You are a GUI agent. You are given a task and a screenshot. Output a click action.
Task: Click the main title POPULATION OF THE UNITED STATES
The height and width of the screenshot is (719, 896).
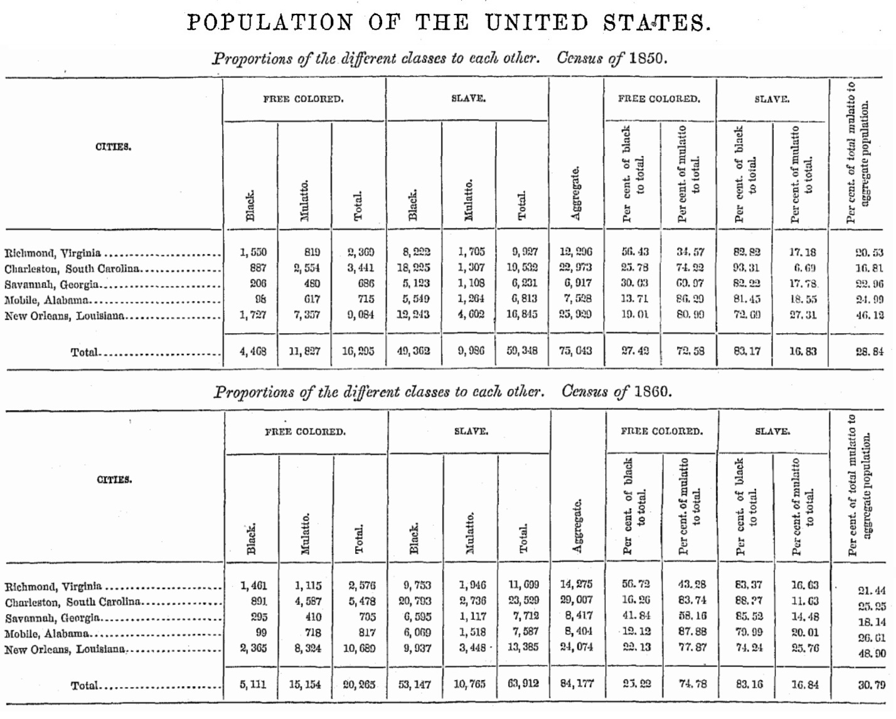point(449,23)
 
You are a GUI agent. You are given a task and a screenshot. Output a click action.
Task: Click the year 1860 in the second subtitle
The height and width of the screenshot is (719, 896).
point(652,392)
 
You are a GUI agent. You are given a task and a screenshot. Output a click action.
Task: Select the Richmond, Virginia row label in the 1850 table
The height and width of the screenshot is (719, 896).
point(53,253)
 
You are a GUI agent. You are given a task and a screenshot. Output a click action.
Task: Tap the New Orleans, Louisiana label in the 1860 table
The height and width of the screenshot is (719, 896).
point(65,649)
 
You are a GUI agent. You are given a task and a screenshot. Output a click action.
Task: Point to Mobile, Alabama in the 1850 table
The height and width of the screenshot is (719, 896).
point(46,301)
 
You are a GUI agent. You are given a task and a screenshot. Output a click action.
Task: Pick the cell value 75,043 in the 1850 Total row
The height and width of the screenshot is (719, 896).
point(575,351)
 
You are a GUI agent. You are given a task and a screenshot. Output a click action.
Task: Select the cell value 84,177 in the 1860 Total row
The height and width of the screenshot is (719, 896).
point(576,683)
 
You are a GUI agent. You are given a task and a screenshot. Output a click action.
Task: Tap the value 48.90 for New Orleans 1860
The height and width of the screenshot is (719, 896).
point(872,653)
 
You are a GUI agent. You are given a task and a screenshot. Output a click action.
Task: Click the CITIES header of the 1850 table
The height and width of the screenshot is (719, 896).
point(113,147)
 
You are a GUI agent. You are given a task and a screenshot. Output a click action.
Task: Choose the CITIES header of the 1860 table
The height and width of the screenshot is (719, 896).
point(114,480)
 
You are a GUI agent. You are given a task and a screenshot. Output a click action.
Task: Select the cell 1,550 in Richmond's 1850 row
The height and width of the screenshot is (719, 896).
point(253,253)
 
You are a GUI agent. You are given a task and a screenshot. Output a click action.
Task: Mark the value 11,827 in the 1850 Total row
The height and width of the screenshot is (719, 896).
point(304,351)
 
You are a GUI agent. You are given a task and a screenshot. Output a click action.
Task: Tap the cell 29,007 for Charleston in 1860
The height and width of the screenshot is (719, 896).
point(576,600)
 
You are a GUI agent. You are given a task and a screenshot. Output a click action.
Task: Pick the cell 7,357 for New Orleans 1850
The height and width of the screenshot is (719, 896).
point(307,315)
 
